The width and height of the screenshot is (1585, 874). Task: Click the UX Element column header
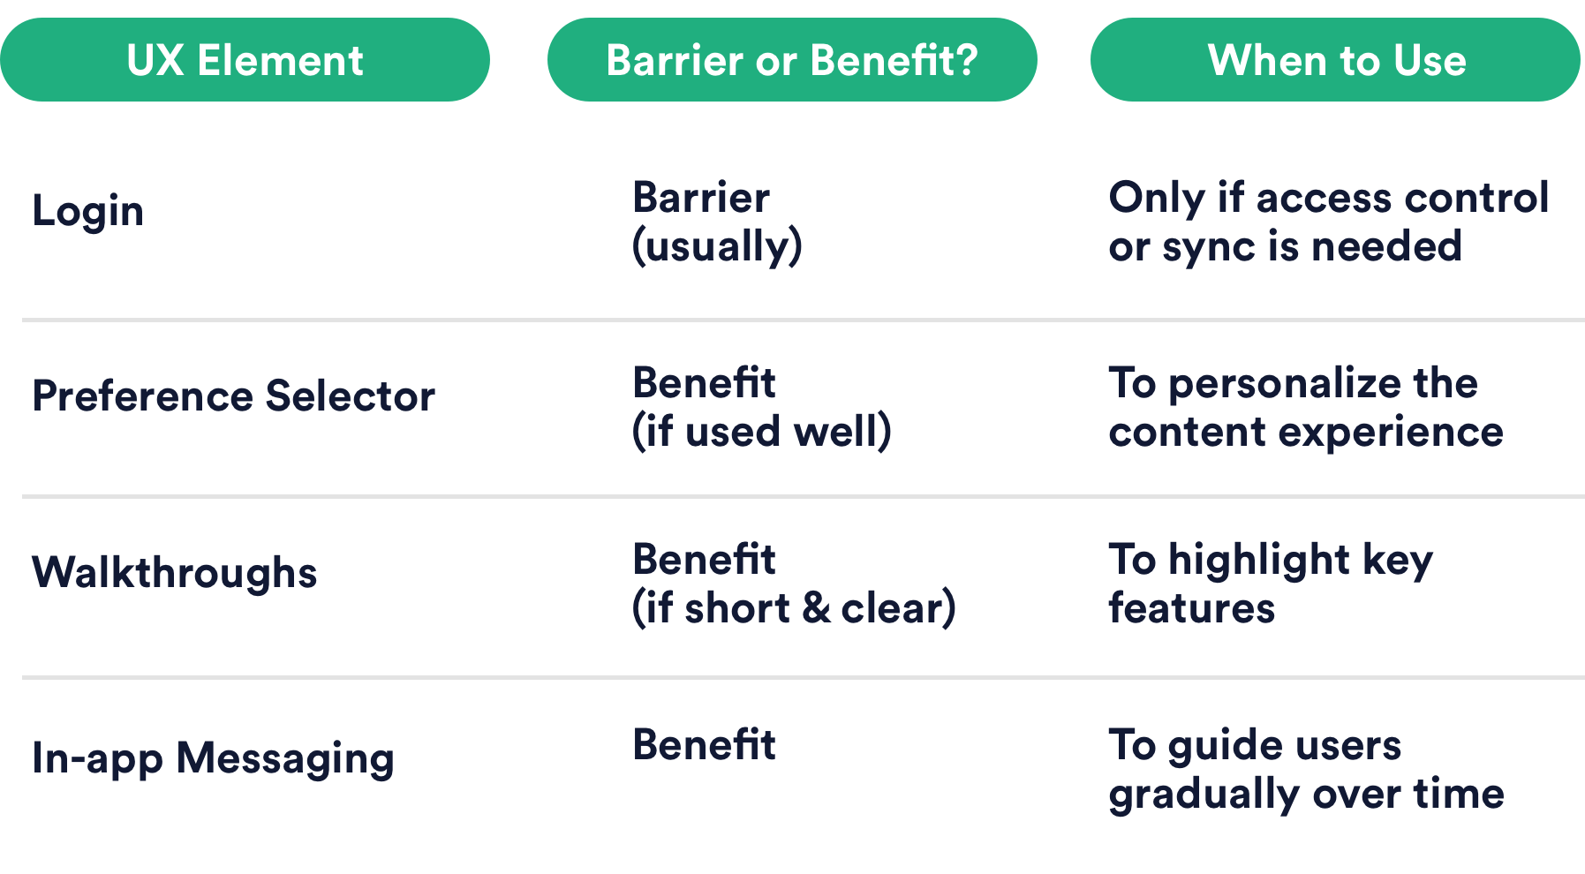tap(245, 60)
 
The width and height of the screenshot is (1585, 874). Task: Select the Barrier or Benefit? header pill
tap(792, 60)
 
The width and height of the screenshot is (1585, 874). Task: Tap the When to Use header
tap(1335, 60)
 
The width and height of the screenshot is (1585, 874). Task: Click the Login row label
tap(87, 212)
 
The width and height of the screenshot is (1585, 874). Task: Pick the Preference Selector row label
tap(234, 396)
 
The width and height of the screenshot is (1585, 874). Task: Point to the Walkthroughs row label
tap(175, 572)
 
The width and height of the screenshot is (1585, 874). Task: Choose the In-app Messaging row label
tap(213, 759)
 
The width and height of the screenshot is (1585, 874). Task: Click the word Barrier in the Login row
tap(701, 197)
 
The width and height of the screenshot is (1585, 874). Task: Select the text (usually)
tap(717, 246)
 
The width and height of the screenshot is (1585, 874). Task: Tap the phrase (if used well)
tap(762, 432)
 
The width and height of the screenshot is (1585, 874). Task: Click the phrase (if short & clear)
tap(794, 608)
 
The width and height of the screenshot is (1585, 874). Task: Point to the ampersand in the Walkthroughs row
tap(817, 608)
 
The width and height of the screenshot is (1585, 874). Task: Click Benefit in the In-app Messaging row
tap(705, 744)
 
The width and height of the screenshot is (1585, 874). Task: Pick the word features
tap(1192, 608)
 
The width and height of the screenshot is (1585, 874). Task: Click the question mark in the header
tap(966, 60)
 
